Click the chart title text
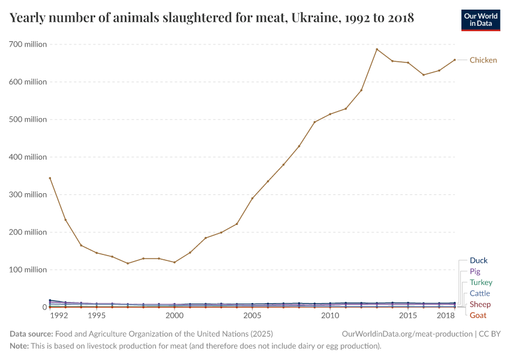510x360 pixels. click(x=212, y=17)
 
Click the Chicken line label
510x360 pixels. click(x=483, y=60)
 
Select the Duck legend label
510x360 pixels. click(x=478, y=260)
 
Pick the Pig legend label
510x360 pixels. click(x=475, y=271)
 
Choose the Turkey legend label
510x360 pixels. click(x=481, y=282)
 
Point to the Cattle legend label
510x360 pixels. click(x=479, y=293)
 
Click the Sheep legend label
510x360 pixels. click(x=480, y=304)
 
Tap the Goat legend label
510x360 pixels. click(x=478, y=315)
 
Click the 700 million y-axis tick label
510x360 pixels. click(x=28, y=44)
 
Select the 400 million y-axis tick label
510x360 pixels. click(x=28, y=157)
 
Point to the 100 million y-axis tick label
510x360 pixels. click(x=28, y=270)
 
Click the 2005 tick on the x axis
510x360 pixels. click(x=252, y=315)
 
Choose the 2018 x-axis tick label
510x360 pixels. click(x=446, y=315)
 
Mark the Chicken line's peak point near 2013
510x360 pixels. click(x=377, y=49)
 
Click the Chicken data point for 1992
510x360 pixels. click(x=50, y=178)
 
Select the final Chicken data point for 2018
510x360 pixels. click(x=455, y=59)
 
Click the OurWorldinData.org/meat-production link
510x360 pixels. click(x=406, y=334)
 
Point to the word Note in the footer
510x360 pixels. click(x=20, y=346)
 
